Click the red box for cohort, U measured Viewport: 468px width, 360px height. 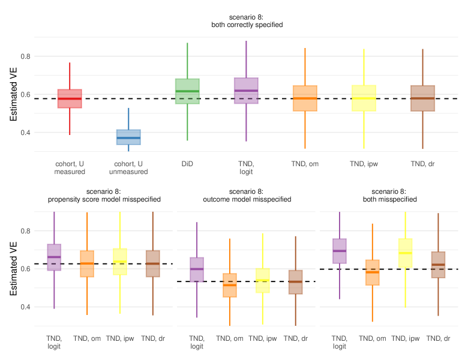(x=70, y=99)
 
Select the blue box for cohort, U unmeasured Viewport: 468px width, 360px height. (x=128, y=137)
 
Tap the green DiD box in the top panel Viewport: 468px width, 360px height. (x=187, y=91)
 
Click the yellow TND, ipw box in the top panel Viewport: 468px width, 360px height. (x=364, y=98)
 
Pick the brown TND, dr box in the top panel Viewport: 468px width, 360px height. (x=422, y=98)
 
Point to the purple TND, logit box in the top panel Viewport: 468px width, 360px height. (x=246, y=91)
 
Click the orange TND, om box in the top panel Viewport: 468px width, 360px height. (x=305, y=98)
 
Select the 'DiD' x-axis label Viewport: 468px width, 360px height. (x=187, y=163)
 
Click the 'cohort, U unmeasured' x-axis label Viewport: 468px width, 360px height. (x=128, y=167)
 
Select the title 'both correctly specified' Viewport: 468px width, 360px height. (x=247, y=25)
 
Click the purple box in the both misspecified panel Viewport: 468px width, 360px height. (x=340, y=251)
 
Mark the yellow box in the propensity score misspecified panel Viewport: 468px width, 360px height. (x=120, y=262)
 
